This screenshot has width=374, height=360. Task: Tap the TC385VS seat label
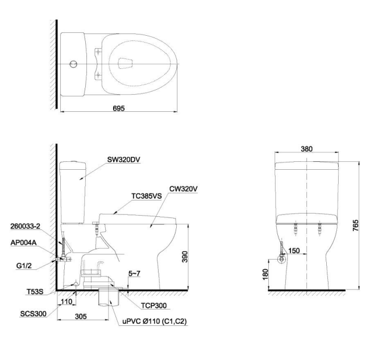[x=147, y=195]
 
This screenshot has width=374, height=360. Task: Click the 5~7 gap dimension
[x=135, y=274]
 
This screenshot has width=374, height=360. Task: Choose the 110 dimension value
[x=68, y=303]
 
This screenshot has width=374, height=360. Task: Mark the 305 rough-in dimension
[x=83, y=316]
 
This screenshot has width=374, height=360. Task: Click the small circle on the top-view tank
[x=72, y=64]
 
